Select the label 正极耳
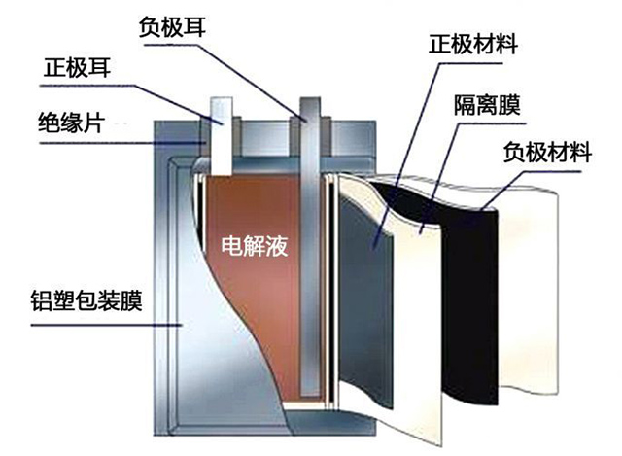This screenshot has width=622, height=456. [x=79, y=69]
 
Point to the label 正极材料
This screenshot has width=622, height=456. [x=471, y=46]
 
